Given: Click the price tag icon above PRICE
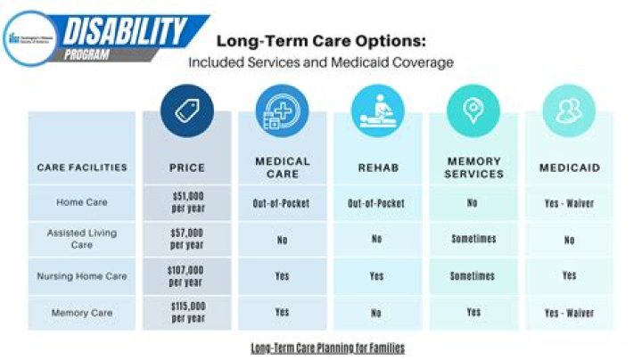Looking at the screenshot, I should pos(187,111).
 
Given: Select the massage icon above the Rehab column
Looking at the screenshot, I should pos(377,111).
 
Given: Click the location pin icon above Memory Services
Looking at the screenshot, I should pos(473,111).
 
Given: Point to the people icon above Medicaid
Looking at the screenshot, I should pos(569,111).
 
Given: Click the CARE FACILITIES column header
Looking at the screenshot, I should pos(82,168).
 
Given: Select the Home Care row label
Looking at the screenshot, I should pos(82,203).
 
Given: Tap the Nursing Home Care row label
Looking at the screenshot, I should pos(82,276).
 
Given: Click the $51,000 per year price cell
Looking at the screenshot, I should pos(187,203).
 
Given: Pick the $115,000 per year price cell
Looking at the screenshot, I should pos(187,313).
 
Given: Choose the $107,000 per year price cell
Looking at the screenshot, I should pos(187,276).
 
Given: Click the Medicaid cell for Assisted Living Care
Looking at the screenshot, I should pos(569,240).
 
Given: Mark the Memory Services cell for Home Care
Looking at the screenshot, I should pos(473,203).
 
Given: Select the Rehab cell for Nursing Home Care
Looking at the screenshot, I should pos(377,276).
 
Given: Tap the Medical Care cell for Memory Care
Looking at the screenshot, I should pos(282,313).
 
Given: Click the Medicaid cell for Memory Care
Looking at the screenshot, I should pos(569,313).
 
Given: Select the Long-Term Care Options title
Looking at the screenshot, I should pos(321,42).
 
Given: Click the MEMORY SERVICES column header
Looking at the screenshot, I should pos(473,168).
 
